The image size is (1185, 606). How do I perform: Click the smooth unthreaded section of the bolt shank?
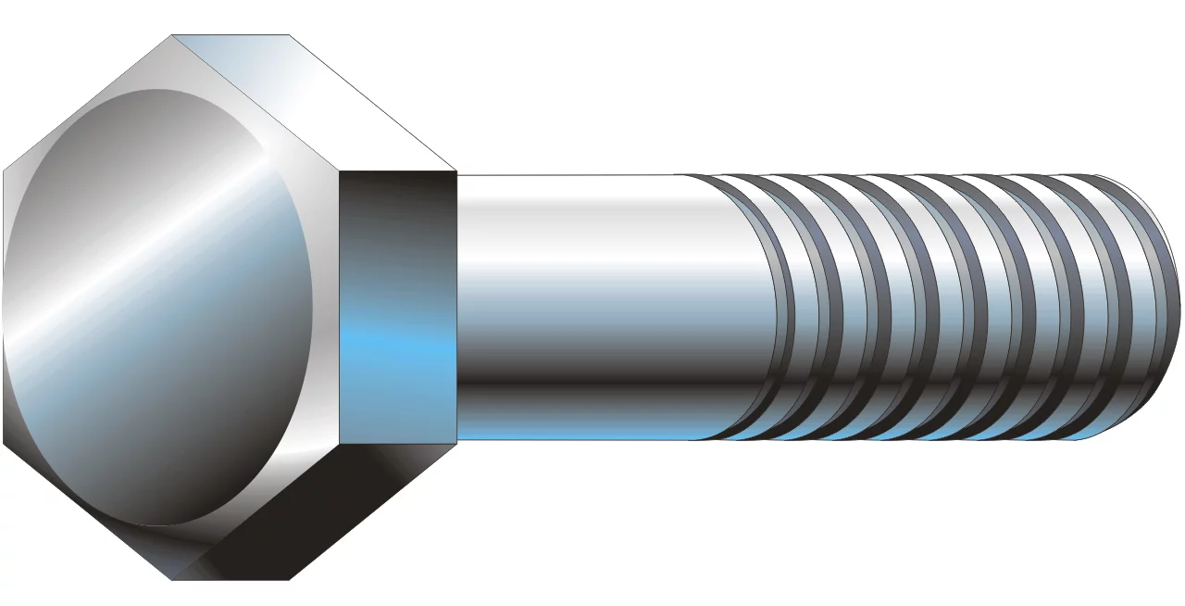(x=592, y=306)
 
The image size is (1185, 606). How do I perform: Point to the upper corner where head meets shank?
(x=457, y=173)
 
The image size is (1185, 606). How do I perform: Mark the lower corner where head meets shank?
(x=457, y=440)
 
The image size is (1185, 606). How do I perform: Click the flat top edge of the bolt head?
(x=231, y=36)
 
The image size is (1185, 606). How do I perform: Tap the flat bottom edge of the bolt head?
(x=231, y=579)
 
